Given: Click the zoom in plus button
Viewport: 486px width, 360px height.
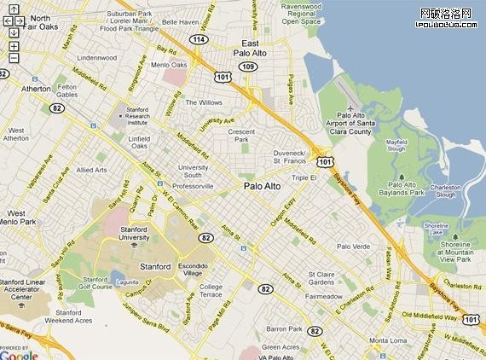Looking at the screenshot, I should click(x=14, y=45).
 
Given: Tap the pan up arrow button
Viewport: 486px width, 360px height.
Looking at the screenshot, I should click(x=14, y=9).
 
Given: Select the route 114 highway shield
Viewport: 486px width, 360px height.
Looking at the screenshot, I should click(x=199, y=39).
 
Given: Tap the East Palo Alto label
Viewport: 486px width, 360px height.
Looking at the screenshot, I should click(x=251, y=48).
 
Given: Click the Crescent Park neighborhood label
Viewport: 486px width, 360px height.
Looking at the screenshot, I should click(x=242, y=136).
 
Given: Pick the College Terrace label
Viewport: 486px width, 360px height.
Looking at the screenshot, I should click(x=211, y=291).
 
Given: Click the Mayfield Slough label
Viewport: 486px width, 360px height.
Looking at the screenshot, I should click(x=402, y=145).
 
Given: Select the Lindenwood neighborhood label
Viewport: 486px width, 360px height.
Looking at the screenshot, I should click(x=95, y=57).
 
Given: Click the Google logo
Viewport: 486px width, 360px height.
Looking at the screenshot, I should click(x=19, y=354).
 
